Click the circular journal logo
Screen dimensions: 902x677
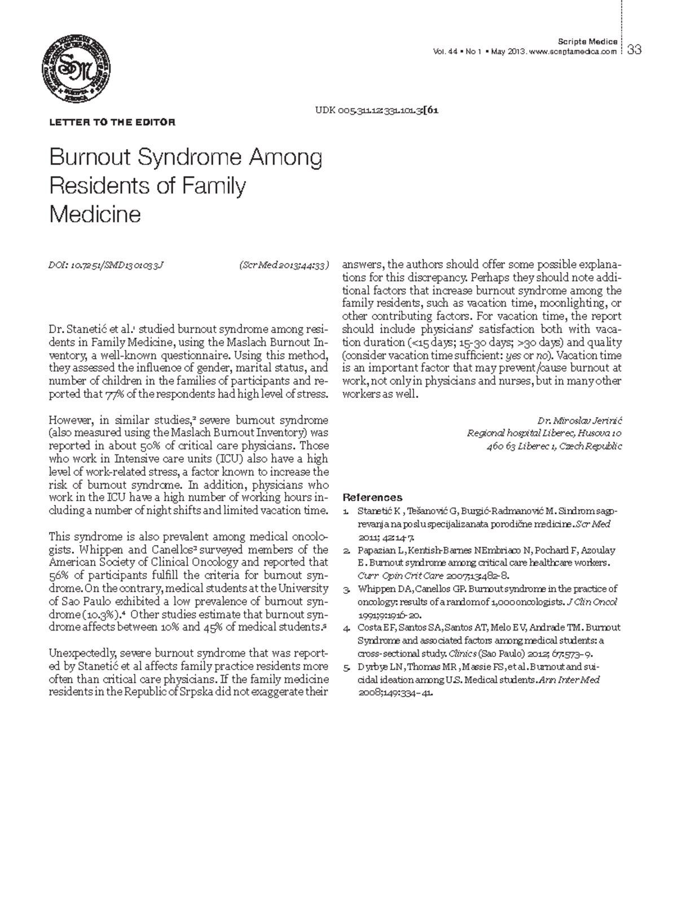(76, 69)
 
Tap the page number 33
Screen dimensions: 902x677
(634, 50)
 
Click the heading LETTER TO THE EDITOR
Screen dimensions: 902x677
(112, 122)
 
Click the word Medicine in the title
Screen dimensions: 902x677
(95, 214)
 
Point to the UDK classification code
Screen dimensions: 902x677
(376, 110)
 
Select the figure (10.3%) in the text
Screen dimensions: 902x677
(102, 614)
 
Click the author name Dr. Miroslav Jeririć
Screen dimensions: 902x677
(579, 421)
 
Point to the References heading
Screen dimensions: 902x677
(372, 497)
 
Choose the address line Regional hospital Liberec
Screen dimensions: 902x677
(544, 434)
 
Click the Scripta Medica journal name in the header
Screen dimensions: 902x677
(587, 42)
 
